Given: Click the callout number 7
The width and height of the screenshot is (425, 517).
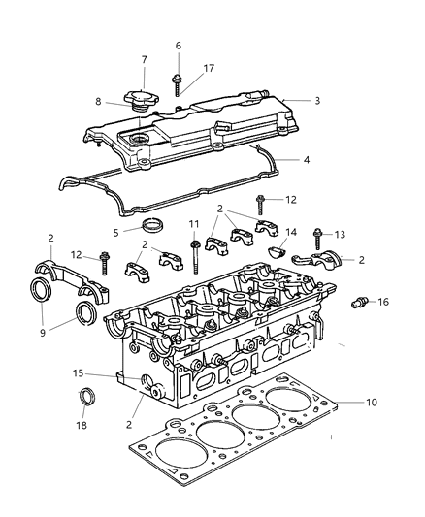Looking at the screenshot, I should point(145,61).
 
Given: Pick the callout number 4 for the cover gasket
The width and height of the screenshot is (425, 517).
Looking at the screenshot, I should point(307,159).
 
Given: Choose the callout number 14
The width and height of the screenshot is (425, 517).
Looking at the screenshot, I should point(291,233).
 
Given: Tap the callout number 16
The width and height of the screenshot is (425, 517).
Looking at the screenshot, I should point(383,303).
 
